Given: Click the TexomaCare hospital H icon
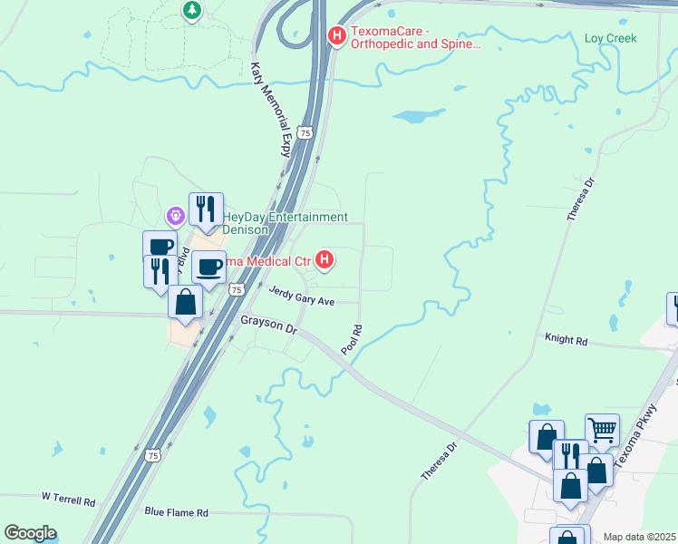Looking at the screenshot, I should pyautogui.click(x=336, y=37).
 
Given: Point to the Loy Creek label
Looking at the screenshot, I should pyautogui.click(x=610, y=38).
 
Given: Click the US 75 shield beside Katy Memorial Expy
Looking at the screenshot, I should pyautogui.click(x=306, y=132).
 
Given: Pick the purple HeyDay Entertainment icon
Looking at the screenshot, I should pyautogui.click(x=175, y=216).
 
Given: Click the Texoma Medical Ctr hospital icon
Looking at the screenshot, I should pyautogui.click(x=324, y=261).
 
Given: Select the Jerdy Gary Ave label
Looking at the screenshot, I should pyautogui.click(x=302, y=296).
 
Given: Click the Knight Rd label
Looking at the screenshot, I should pyautogui.click(x=566, y=340).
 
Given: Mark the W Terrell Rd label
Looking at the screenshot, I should pyautogui.click(x=68, y=499).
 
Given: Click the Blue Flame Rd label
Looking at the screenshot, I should pyautogui.click(x=177, y=512).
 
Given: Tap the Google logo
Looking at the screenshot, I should pyautogui.click(x=30, y=533).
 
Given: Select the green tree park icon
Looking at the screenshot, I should pyautogui.click(x=191, y=10).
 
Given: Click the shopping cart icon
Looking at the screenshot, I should pyautogui.click(x=602, y=428).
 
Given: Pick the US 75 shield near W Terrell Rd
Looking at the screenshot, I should pyautogui.click(x=154, y=455).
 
